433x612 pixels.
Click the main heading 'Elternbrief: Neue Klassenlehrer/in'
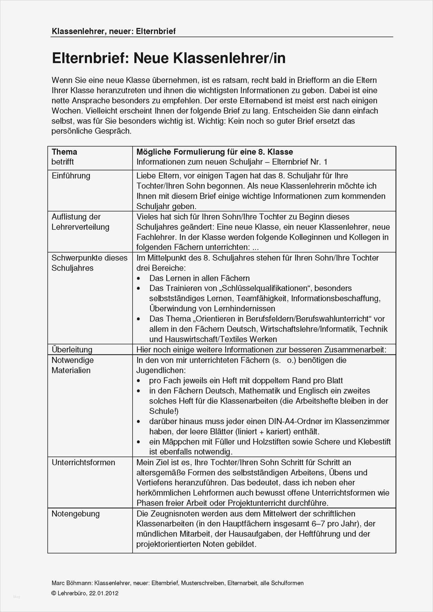[x=168, y=58]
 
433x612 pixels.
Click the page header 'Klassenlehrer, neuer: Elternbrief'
[x=114, y=31]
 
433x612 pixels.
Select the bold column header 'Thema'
[x=64, y=152]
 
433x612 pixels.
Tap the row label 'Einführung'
[x=71, y=176]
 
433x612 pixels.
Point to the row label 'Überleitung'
[x=72, y=349]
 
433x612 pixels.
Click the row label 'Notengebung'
[x=75, y=514]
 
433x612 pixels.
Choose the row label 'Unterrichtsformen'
[x=83, y=462]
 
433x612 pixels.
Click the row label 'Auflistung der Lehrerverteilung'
[x=80, y=222]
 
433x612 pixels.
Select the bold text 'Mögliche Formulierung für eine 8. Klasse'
[x=214, y=152]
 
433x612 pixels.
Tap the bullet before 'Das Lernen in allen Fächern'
[x=138, y=278]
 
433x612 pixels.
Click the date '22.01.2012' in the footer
[x=104, y=593]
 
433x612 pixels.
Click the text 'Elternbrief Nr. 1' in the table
[x=299, y=162]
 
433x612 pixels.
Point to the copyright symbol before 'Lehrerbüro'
[x=53, y=593]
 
